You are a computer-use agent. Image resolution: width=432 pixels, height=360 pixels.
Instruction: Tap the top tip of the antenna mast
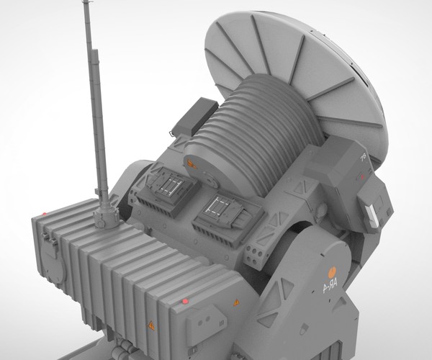click(87, 4)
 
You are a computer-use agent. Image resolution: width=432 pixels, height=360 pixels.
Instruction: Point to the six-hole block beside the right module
click(256, 251)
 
